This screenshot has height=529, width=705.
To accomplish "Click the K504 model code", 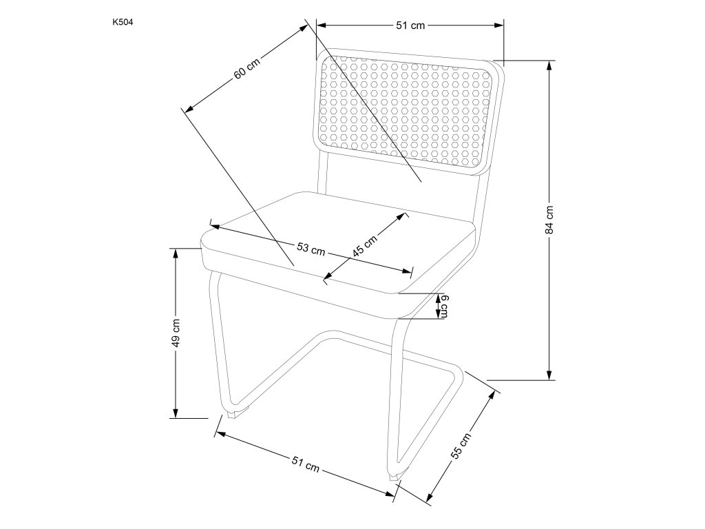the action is (x=122, y=22).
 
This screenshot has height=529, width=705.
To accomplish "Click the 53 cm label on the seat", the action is (x=311, y=249).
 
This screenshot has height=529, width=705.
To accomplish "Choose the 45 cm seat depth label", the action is (x=365, y=245).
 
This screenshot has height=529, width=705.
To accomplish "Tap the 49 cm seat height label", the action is (x=176, y=333).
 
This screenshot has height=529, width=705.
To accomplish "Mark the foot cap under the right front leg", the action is (x=394, y=475).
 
